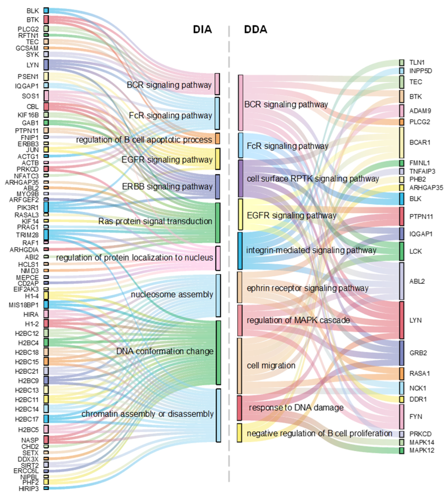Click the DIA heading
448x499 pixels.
(202, 29)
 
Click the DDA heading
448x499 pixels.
(256, 29)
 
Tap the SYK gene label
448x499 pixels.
(32, 54)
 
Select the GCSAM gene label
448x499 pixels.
(27, 48)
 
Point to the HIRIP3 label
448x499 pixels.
(29, 489)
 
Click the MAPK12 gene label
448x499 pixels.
(422, 450)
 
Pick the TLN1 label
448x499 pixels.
(417, 63)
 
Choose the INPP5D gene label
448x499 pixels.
(421, 71)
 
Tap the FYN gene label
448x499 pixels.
(416, 416)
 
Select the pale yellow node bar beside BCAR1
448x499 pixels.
(402, 142)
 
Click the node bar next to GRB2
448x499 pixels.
(402, 353)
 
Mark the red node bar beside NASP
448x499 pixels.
(46, 439)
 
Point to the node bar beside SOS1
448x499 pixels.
(46, 96)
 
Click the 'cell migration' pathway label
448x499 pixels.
(271, 365)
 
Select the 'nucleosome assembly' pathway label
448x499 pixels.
(172, 295)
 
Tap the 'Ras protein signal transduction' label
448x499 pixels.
(155, 221)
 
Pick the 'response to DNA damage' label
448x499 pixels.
(296, 408)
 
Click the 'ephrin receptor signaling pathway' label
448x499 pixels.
(307, 288)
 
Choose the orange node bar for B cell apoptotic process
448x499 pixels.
(217, 139)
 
